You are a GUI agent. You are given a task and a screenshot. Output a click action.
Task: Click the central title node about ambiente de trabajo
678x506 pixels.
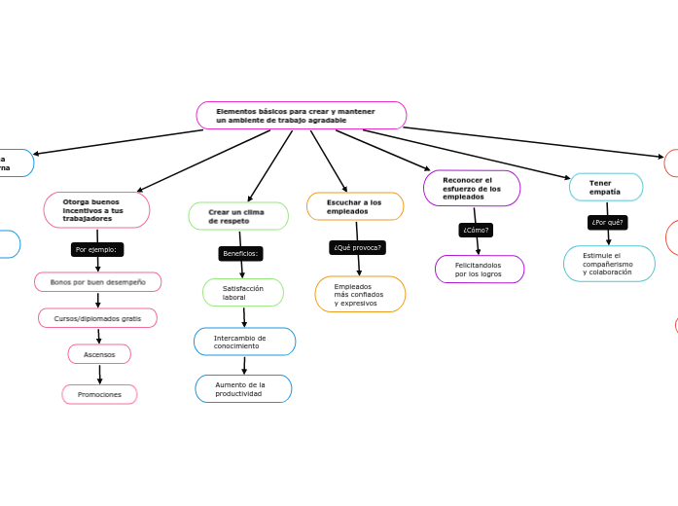pyautogui.click(x=301, y=116)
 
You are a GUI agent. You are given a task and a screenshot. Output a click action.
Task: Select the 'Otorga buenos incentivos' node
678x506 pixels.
pyautogui.click(x=96, y=210)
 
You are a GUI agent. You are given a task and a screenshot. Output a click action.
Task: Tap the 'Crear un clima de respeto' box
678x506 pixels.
pyautogui.click(x=238, y=216)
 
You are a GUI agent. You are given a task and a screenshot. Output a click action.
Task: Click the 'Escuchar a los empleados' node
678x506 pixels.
pyautogui.click(x=355, y=206)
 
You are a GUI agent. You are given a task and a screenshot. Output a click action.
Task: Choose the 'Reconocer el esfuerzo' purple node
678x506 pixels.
pyautogui.click(x=472, y=189)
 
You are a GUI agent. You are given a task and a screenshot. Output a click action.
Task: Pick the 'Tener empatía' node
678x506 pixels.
pyautogui.click(x=605, y=187)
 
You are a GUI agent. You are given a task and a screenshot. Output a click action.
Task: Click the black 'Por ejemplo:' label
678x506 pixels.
pyautogui.click(x=96, y=250)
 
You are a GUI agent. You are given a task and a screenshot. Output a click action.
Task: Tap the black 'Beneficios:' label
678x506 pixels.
pyautogui.click(x=240, y=254)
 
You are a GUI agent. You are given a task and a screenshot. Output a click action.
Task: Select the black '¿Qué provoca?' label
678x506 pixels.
pyautogui.click(x=358, y=248)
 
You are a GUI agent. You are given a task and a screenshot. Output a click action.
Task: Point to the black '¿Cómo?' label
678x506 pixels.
pyautogui.click(x=476, y=231)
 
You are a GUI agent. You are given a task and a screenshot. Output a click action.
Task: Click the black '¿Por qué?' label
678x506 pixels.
pyautogui.click(x=608, y=223)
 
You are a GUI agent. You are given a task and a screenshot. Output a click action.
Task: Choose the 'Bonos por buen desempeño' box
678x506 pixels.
pyautogui.click(x=97, y=282)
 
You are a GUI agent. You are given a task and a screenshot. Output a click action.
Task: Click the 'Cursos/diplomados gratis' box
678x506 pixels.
pyautogui.click(x=97, y=318)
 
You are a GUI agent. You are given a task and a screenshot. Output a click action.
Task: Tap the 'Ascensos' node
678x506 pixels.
pyautogui.click(x=99, y=354)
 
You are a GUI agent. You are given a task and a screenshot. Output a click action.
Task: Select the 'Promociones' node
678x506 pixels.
pyautogui.click(x=99, y=394)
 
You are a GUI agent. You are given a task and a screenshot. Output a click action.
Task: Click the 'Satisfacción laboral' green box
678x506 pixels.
pyautogui.click(x=243, y=292)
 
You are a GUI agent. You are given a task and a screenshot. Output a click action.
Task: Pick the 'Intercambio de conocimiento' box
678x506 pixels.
pyautogui.click(x=244, y=342)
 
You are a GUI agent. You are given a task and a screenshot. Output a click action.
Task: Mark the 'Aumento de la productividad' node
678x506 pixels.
pyautogui.click(x=243, y=388)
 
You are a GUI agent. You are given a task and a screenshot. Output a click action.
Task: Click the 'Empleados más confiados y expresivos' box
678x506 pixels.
pyautogui.click(x=360, y=294)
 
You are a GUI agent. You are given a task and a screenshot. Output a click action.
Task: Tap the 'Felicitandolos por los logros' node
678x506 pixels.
pyautogui.click(x=480, y=269)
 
